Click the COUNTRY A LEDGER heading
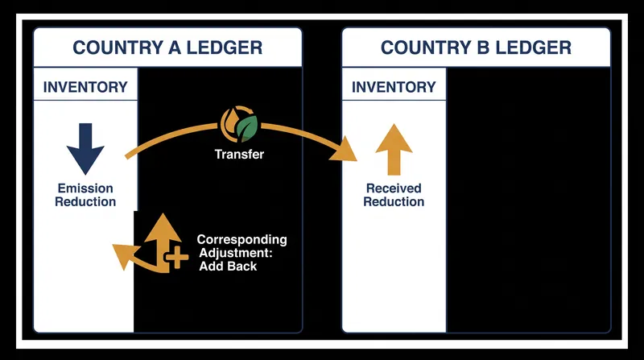(x=167, y=48)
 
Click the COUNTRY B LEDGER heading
(x=476, y=48)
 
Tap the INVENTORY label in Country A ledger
(x=85, y=87)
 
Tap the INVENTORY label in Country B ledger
(x=394, y=87)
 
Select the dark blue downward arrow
(x=85, y=149)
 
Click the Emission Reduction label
(x=85, y=195)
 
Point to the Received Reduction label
(x=394, y=195)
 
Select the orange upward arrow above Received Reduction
(x=394, y=149)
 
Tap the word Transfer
(x=239, y=155)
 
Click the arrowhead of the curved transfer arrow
(x=345, y=149)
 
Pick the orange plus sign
(x=176, y=257)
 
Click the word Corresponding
(x=242, y=239)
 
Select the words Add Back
(x=228, y=267)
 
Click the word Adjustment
(x=236, y=253)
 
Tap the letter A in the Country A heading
(x=175, y=48)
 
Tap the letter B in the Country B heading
(x=483, y=48)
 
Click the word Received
(x=394, y=188)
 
